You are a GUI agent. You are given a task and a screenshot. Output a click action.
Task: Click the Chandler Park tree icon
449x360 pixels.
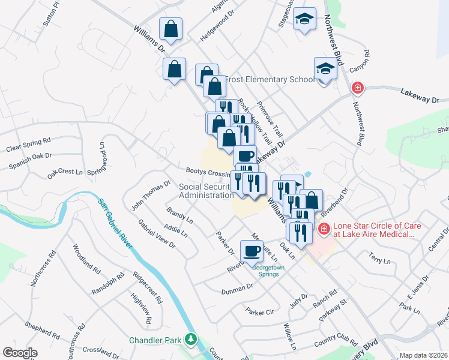191,340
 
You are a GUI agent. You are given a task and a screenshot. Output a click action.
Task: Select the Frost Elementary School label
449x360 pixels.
269,79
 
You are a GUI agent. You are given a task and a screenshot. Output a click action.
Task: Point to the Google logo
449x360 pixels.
20,353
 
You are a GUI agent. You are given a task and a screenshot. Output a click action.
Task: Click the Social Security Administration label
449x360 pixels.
206,191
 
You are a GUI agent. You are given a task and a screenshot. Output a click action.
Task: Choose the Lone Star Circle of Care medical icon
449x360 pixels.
324,229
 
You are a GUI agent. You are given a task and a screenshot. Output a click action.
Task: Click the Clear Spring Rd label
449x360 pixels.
28,143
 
